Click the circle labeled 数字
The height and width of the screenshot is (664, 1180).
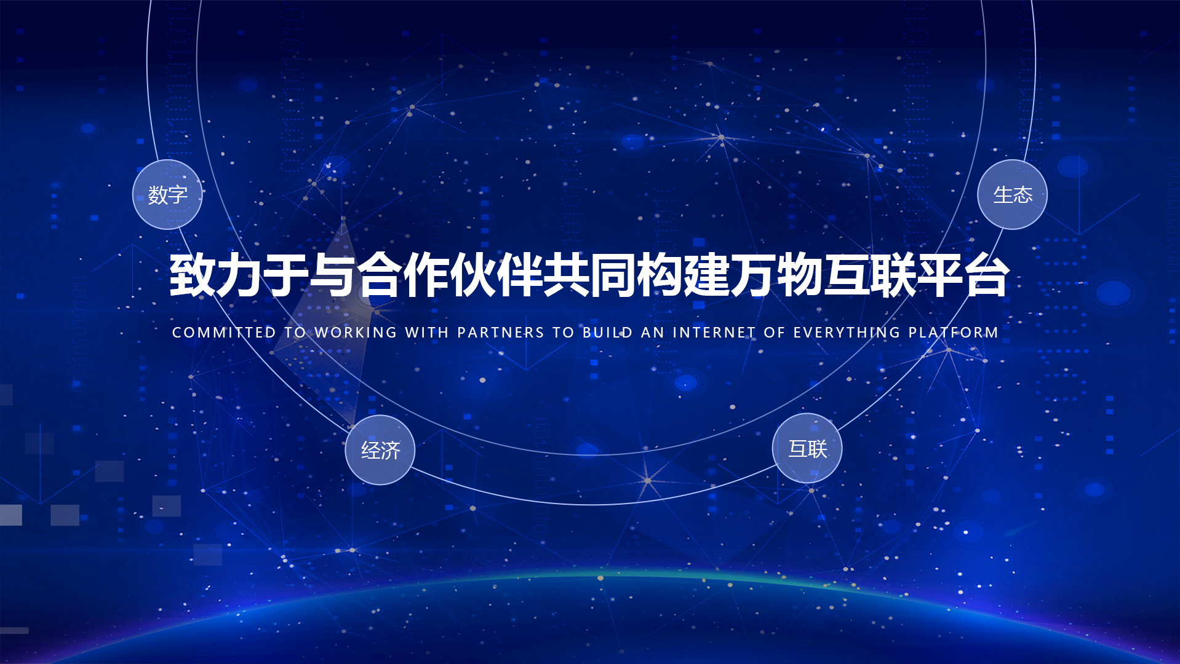(167, 194)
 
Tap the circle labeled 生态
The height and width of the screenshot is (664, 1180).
(1013, 194)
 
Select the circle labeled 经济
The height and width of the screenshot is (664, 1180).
(380, 450)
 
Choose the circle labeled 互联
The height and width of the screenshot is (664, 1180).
(807, 448)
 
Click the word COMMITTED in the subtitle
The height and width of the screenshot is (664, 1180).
(224, 333)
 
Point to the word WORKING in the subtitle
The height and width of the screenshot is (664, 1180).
(356, 333)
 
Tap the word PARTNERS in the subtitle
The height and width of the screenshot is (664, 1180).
(501, 333)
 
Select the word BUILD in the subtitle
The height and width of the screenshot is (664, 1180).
(608, 333)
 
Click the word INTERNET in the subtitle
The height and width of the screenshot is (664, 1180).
(714, 333)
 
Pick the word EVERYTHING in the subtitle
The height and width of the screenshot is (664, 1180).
(847, 333)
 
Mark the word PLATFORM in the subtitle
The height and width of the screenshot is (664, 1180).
(954, 333)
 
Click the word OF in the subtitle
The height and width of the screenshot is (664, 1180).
(775, 333)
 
